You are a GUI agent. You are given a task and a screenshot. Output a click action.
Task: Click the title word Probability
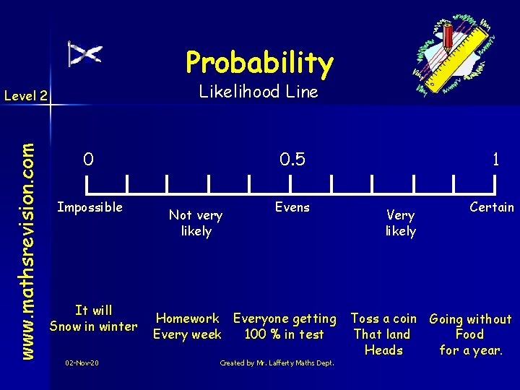(x=259, y=63)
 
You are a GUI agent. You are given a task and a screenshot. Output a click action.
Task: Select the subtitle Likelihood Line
(x=259, y=92)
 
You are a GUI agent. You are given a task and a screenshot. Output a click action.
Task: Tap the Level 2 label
(x=25, y=95)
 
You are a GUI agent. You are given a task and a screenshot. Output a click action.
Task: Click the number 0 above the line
(x=87, y=159)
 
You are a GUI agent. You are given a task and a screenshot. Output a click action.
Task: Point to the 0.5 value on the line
(x=292, y=159)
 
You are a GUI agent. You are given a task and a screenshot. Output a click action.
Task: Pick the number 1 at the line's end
(x=495, y=159)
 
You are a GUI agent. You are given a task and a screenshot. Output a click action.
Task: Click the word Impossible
(x=90, y=208)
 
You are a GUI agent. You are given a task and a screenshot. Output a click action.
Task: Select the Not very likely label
(x=196, y=222)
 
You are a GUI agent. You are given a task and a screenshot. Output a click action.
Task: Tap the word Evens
(x=292, y=208)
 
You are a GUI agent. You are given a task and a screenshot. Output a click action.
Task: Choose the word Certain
(x=491, y=208)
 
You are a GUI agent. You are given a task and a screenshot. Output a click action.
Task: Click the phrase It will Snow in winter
(x=93, y=318)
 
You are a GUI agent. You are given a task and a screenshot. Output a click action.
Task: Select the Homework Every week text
(x=187, y=326)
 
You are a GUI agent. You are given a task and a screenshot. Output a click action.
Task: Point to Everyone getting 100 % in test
(x=285, y=326)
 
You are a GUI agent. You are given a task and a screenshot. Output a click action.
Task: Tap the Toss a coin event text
(x=383, y=334)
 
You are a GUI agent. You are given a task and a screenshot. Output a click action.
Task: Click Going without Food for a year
(x=470, y=334)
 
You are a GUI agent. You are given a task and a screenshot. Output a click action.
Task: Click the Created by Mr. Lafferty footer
(x=277, y=363)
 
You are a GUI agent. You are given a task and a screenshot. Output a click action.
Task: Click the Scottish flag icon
(x=84, y=54)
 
